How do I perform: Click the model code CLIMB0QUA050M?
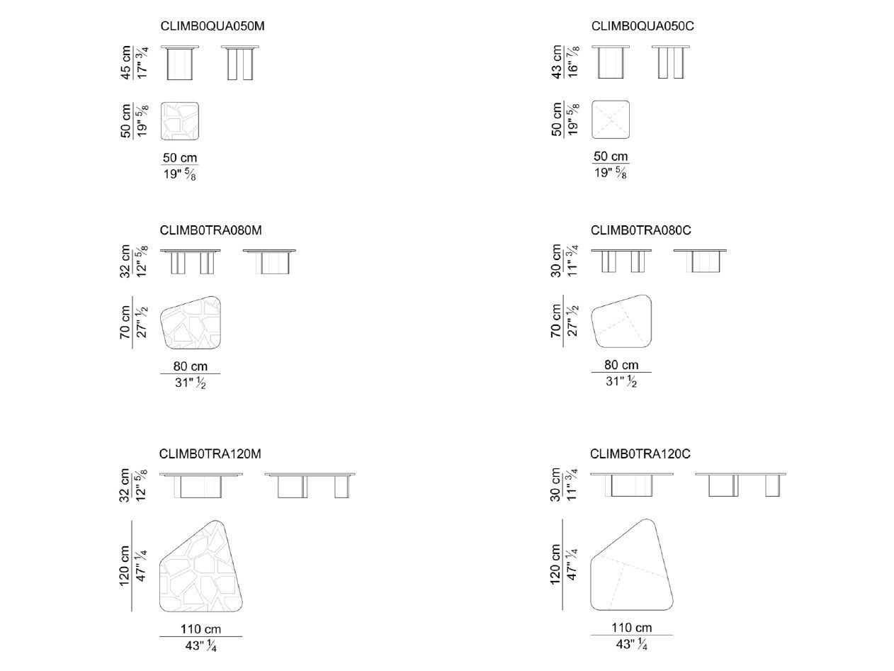(x=213, y=26)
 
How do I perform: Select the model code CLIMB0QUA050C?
(x=643, y=26)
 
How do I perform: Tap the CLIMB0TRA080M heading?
(x=211, y=230)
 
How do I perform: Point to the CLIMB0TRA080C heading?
(x=640, y=230)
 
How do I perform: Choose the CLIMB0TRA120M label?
(x=211, y=453)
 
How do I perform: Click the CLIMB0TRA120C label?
(x=640, y=453)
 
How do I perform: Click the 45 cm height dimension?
(x=126, y=62)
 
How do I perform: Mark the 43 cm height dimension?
(x=557, y=62)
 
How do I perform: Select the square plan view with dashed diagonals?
(x=611, y=119)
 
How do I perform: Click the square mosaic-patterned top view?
(x=179, y=121)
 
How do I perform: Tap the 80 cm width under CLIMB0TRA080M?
(x=190, y=366)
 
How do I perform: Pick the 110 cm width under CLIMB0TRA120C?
(x=631, y=628)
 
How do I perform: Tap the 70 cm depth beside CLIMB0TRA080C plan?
(x=557, y=322)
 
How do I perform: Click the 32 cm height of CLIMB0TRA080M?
(x=126, y=261)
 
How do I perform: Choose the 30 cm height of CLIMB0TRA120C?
(x=557, y=485)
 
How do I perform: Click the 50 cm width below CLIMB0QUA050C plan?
(x=611, y=157)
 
